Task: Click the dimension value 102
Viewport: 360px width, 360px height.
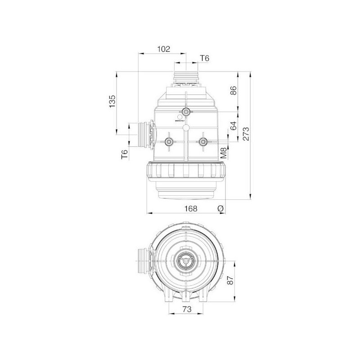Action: pos(164,49)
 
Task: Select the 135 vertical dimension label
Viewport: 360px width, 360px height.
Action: pos(112,102)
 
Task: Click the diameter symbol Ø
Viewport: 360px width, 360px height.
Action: pos(220,208)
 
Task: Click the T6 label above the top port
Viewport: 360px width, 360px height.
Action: pos(205,58)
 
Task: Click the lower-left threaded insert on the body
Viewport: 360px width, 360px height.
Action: pos(168,142)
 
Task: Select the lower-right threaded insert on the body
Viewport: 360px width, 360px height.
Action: pos(202,142)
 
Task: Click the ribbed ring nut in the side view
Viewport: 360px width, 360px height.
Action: pos(185,172)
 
